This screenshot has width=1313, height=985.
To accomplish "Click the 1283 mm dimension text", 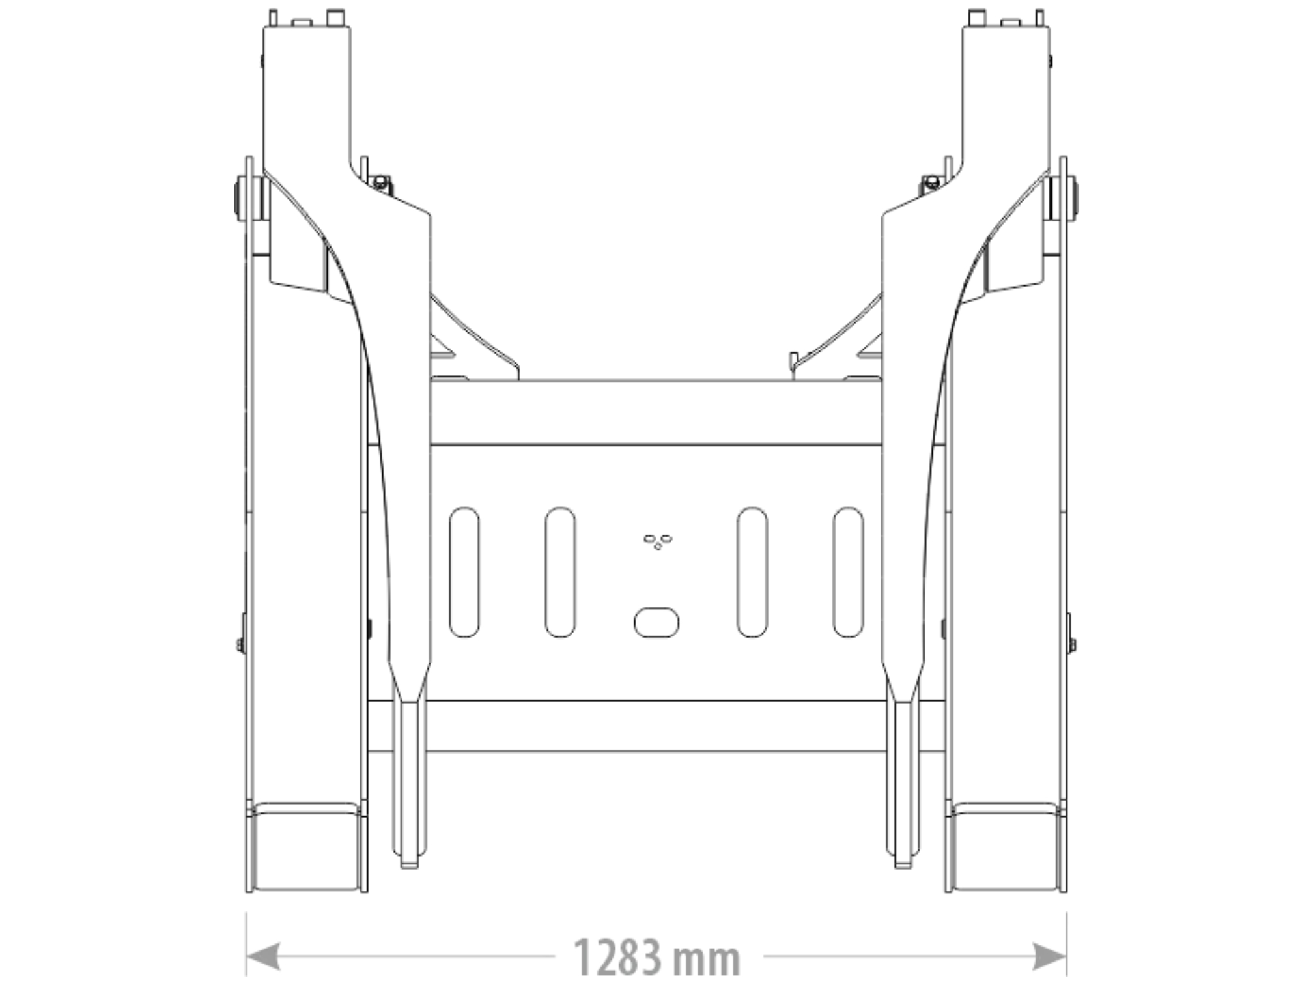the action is (656, 957).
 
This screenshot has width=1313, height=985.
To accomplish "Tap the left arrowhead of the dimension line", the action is (263, 956).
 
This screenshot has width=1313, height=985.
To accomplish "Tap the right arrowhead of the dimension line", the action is (1050, 956).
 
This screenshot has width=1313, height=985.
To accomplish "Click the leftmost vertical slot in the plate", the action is (464, 572).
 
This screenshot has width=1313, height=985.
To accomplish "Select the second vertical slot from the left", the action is (560, 572).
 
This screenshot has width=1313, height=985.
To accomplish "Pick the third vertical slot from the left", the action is (752, 572).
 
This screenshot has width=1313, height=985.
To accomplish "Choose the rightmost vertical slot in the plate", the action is (848, 572).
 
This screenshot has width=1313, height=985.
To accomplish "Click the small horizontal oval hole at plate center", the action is (656, 622).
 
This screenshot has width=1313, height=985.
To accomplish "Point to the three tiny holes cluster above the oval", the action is (658, 541).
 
